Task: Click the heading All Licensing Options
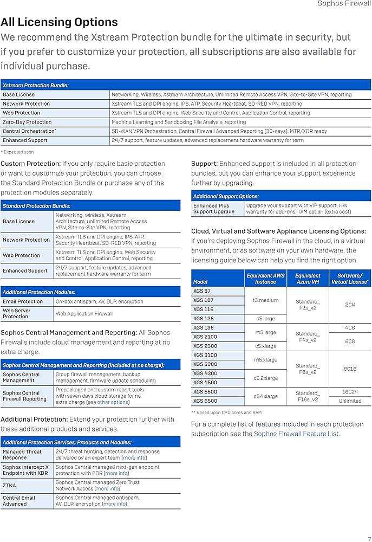(x=59, y=22)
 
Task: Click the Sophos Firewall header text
(x=344, y=4)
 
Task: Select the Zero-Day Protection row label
(x=27, y=122)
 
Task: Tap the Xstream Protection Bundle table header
(x=36, y=85)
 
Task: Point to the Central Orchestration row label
(x=29, y=131)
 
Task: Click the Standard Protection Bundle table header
(x=36, y=206)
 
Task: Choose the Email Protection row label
(x=23, y=301)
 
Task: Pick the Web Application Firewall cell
(x=84, y=313)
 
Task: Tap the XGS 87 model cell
(x=202, y=291)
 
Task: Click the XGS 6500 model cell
(x=205, y=401)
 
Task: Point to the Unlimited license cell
(x=350, y=401)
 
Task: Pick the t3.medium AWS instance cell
(x=265, y=300)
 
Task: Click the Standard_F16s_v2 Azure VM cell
(x=308, y=396)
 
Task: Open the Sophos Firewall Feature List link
(x=297, y=434)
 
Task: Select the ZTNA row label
(x=10, y=486)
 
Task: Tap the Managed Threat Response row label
(x=22, y=455)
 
